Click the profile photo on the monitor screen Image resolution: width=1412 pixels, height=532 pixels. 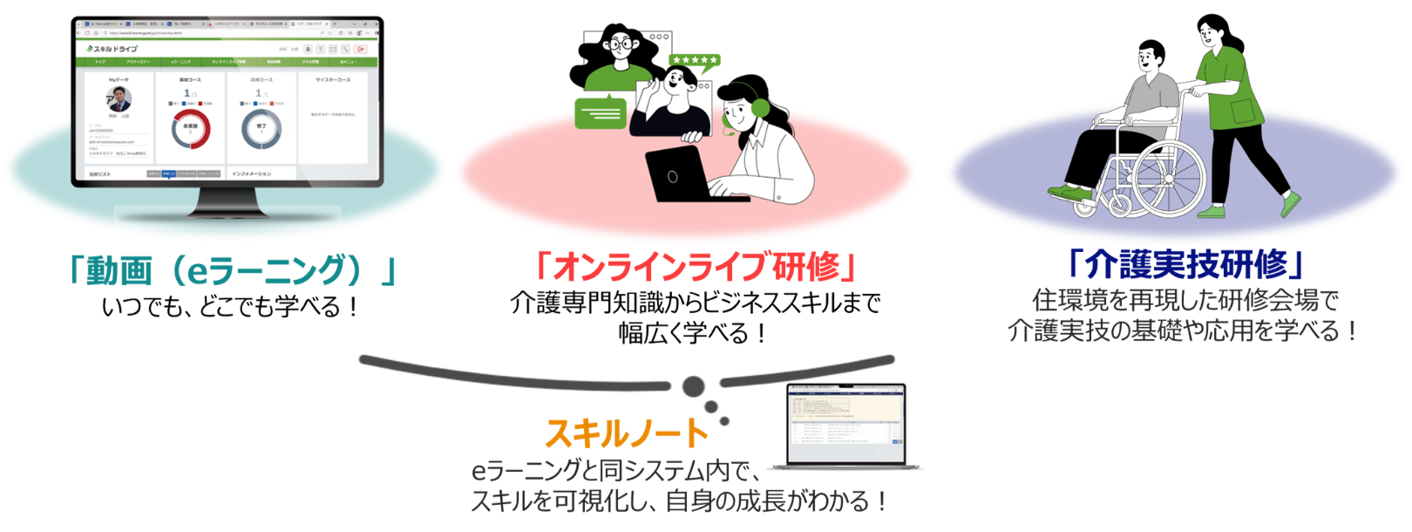[x=119, y=99]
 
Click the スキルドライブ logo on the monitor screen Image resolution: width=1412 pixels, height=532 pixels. [x=113, y=49]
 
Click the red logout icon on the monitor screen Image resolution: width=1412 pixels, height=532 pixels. [x=362, y=50]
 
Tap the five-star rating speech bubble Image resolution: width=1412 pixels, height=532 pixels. [x=695, y=61]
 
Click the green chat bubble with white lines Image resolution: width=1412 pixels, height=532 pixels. [x=601, y=112]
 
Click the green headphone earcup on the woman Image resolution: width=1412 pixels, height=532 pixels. [x=760, y=108]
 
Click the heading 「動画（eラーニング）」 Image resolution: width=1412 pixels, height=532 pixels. [x=232, y=270]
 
